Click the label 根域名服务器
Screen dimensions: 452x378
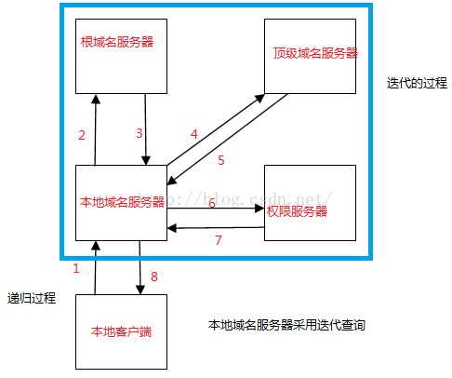(117, 42)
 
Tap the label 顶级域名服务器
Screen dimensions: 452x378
(315, 53)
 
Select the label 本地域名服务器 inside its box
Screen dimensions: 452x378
(122, 202)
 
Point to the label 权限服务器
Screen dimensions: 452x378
(297, 211)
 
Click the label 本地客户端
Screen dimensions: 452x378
(121, 331)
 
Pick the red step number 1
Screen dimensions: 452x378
(76, 268)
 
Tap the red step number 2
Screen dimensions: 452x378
(82, 135)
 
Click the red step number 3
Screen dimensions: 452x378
(140, 133)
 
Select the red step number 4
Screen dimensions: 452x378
(194, 134)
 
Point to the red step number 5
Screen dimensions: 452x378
(221, 160)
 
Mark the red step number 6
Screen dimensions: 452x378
(212, 203)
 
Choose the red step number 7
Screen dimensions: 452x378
(219, 240)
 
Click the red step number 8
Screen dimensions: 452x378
(154, 277)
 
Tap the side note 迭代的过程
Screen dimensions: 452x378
(417, 83)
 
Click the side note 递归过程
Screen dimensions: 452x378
(32, 298)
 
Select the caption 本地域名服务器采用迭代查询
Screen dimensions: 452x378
(286, 325)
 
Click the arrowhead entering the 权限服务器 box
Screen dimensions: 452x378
(259, 209)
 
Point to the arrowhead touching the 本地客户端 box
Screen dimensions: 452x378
(140, 290)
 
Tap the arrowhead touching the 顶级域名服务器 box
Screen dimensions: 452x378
(259, 98)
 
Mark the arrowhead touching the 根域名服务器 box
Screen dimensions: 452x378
(96, 99)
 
